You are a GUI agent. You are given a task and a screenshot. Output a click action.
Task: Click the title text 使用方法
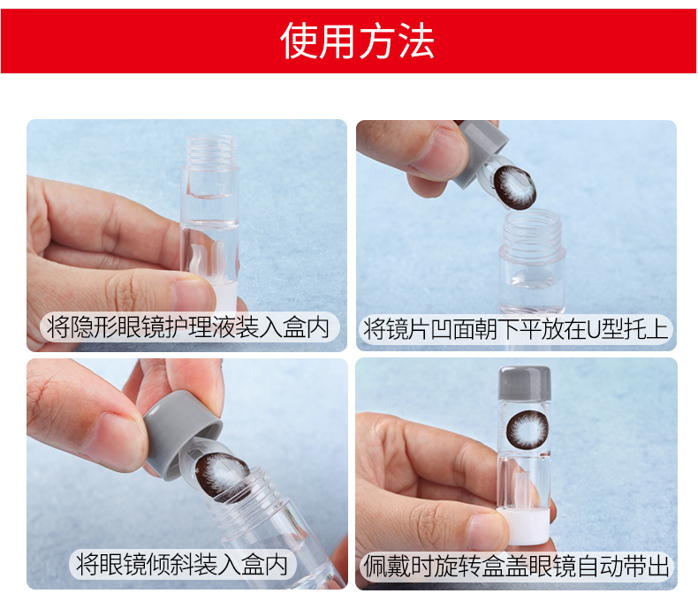coord(357,41)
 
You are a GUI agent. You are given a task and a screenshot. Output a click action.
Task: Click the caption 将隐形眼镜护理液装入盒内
coord(188,327)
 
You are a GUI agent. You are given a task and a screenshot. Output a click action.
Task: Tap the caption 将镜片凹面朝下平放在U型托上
coord(516,329)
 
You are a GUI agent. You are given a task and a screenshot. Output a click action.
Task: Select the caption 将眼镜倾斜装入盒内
coord(182,564)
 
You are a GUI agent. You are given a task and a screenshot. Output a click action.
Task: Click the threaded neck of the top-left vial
coord(211,150)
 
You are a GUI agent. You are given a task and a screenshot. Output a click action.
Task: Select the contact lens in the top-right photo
coord(514,187)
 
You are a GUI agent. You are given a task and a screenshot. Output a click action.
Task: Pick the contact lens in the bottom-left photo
coord(222,475)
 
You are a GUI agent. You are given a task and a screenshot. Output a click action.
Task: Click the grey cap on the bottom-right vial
coord(525,383)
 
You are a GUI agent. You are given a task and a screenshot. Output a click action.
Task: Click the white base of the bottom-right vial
coord(524,527)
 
